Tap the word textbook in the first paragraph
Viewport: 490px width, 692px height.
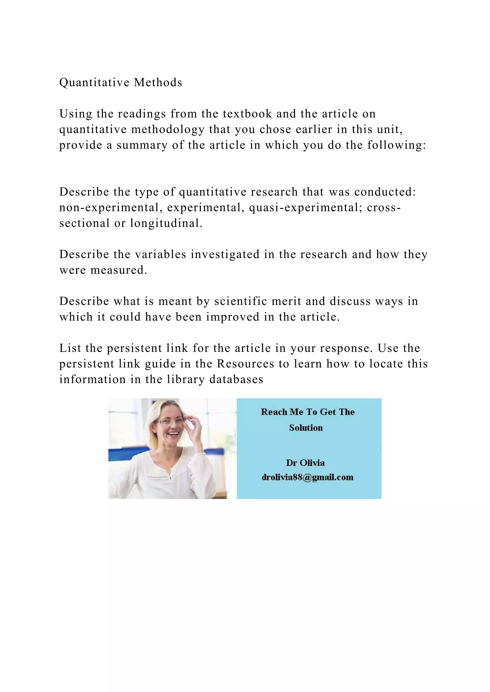tap(247, 114)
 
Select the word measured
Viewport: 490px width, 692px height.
tap(119, 270)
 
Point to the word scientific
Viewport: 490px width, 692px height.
tap(240, 301)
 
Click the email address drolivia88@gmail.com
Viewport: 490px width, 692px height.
tap(307, 477)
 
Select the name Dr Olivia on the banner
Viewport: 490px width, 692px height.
tap(305, 463)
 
